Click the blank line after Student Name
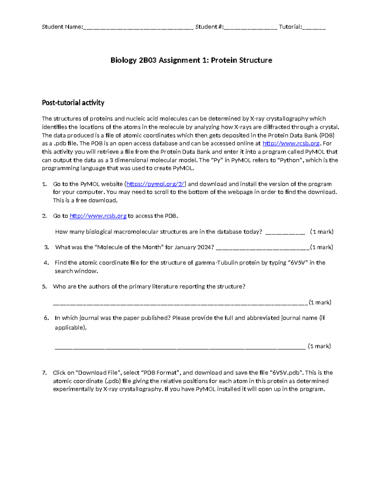[x=138, y=28]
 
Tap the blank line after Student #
[x=250, y=28]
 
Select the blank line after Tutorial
[x=314, y=28]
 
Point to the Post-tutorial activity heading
[x=73, y=103]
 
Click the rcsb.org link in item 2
[x=98, y=216]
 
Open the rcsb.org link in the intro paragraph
[x=291, y=144]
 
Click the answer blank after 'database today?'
[x=285, y=232]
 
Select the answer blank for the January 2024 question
[x=263, y=248]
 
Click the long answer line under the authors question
[x=180, y=303]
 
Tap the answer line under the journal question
[x=180, y=347]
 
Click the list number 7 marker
[x=44, y=373]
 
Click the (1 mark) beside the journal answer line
[x=319, y=346]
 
